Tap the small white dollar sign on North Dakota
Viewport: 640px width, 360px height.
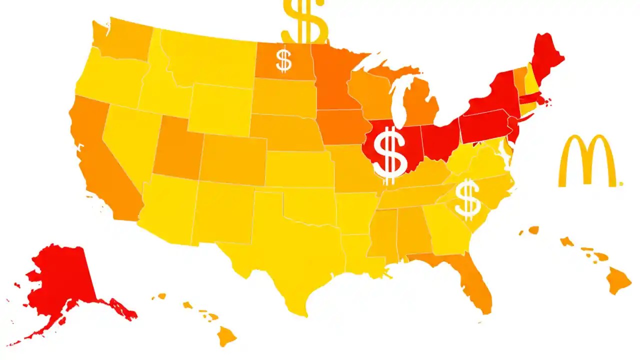click(x=283, y=60)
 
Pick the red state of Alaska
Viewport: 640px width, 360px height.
click(x=60, y=280)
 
